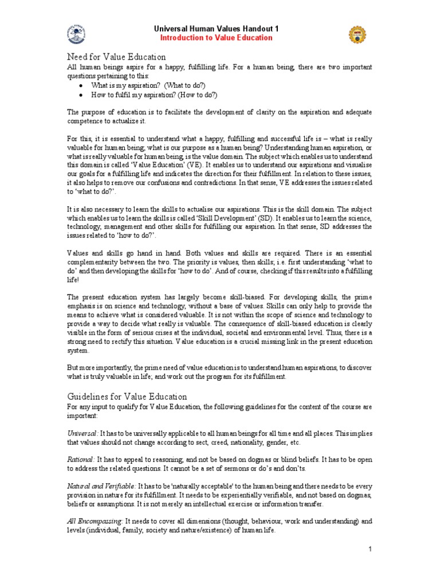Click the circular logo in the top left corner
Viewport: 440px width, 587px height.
pos(78,34)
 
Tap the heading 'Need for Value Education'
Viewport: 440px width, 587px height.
pos(116,57)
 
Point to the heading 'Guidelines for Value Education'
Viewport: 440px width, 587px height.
pos(127,396)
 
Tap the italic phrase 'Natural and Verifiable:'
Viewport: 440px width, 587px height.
pos(101,486)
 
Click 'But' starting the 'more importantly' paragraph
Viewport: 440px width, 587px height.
pos(73,367)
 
